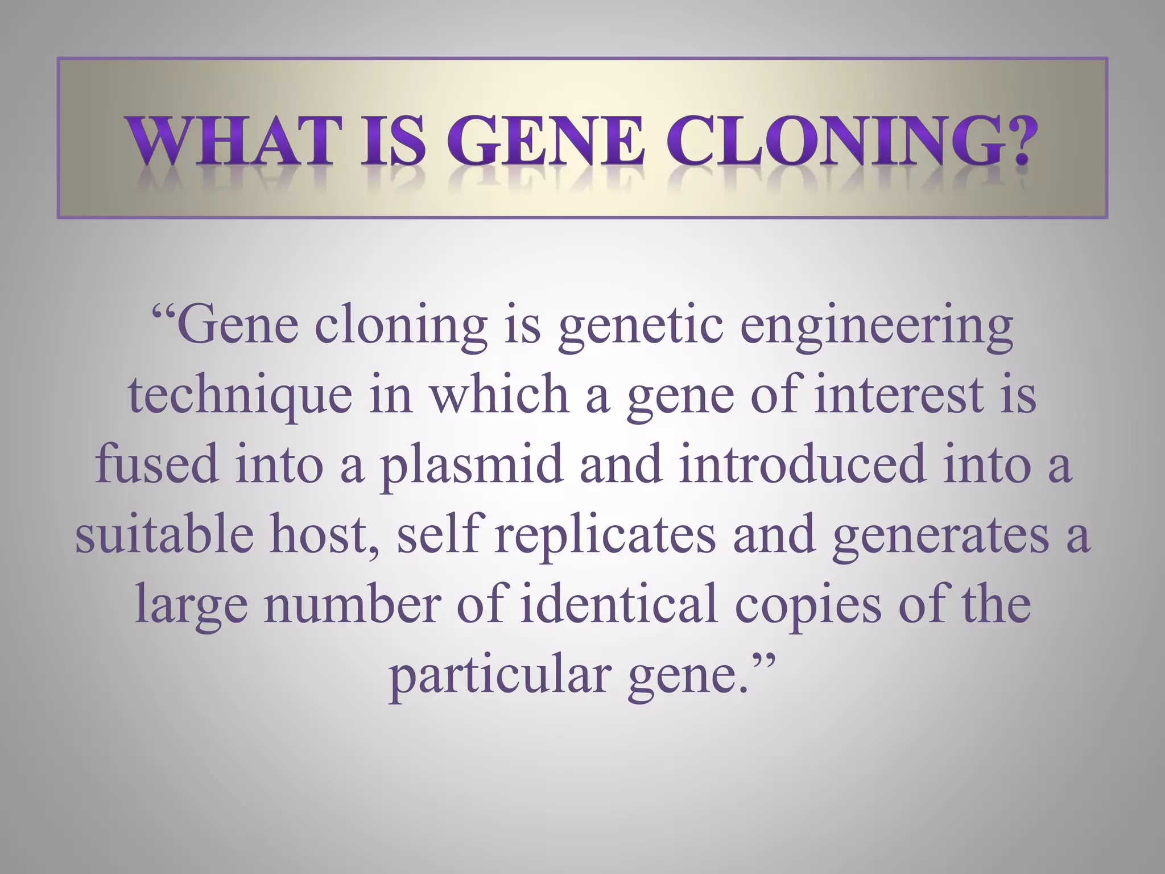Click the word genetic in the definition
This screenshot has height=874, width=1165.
[640, 328]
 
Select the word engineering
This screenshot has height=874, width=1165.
[877, 328]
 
